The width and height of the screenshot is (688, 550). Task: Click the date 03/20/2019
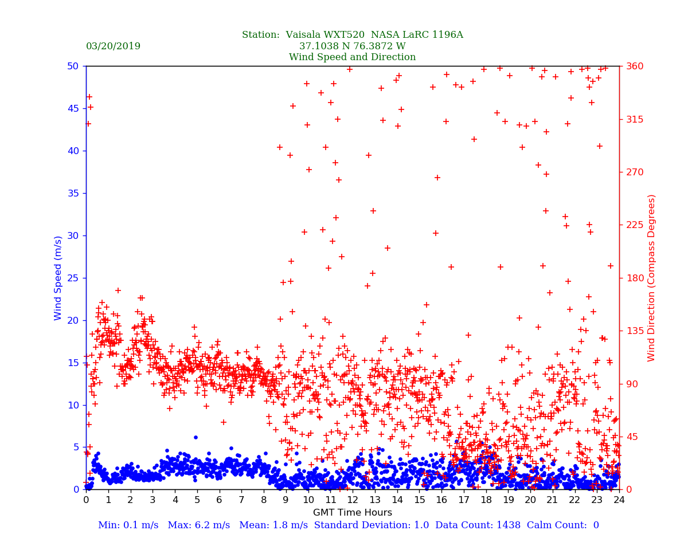113,46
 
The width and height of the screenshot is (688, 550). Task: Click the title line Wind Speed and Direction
352,57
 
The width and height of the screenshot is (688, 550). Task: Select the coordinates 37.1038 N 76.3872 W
352,46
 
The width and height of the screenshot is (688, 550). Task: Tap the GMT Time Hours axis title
352,513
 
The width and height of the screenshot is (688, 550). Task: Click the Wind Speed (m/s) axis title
58,277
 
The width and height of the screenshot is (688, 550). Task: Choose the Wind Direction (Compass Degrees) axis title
651,277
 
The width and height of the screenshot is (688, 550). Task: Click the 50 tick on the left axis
73,66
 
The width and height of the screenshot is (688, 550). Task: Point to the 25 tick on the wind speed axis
73,278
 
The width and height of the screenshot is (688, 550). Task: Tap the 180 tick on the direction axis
632,278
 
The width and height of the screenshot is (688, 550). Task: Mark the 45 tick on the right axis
630,437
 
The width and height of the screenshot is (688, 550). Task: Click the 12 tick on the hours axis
352,500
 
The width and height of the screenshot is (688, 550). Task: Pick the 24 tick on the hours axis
619,500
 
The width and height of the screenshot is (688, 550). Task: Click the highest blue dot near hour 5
196,437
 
